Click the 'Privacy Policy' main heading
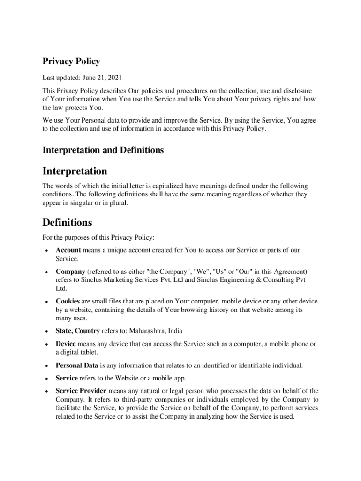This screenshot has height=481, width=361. tap(71, 62)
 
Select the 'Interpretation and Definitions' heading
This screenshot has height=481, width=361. tap(103, 150)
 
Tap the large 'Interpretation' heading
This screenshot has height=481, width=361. tap(75, 171)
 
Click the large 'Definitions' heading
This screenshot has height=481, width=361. tap(67, 222)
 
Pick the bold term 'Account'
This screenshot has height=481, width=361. tap(68, 250)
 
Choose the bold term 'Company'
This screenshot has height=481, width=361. tap(70, 272)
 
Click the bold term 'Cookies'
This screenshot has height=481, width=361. tap(68, 301)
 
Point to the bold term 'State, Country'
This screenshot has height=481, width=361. tap(77, 331)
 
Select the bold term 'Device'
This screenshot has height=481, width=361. tap(66, 344)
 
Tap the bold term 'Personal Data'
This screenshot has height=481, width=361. tap(77, 365)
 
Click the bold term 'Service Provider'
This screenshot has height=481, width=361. tap(81, 391)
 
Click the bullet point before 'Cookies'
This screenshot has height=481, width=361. tap(46, 302)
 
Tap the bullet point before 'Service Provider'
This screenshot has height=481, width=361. tap(46, 391)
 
